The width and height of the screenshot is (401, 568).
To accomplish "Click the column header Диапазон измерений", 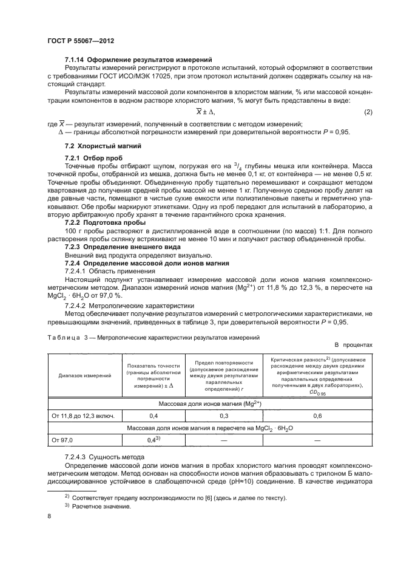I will tap(84, 376).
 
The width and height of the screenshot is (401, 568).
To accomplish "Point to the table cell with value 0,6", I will tap(317, 416).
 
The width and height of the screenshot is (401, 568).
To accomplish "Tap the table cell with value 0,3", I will tap(224, 416).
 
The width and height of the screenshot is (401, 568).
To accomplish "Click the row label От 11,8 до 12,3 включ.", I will tap(78, 416).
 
